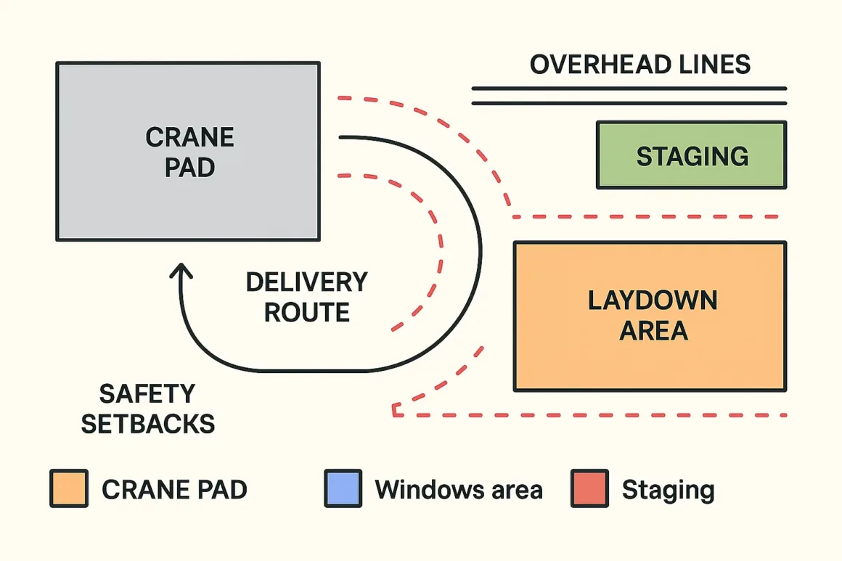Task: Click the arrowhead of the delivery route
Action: pos(181,270)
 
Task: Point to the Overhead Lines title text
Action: pos(639,65)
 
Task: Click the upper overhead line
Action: pos(629,88)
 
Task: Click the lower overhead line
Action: pos(629,103)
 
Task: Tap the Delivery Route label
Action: pos(306,297)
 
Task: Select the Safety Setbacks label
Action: pos(147,409)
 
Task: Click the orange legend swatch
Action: pos(69,488)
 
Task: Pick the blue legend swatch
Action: pos(343,488)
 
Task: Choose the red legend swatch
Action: pos(589,488)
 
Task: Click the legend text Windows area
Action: pos(458,490)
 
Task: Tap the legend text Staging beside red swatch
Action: pos(668,491)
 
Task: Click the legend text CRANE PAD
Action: pos(174,490)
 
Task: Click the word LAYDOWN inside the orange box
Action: pos(652,300)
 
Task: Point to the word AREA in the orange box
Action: pos(653,331)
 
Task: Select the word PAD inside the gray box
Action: pos(189,168)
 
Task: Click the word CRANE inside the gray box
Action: pos(189,137)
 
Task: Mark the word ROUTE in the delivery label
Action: pos(306,313)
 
